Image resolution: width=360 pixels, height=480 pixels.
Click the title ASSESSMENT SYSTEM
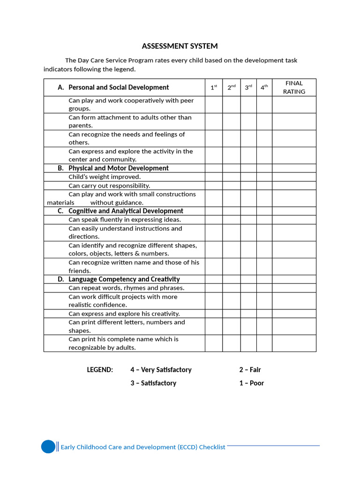tap(180, 46)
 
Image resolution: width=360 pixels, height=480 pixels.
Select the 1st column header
tap(214, 87)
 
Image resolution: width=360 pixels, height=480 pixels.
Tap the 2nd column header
tap(232, 87)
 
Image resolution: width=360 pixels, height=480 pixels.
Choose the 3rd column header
tap(248, 87)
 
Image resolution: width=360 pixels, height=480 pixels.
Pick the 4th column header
tap(264, 87)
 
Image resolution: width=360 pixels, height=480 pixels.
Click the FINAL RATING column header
tap(294, 87)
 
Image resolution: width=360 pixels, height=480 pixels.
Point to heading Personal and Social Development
tap(119, 87)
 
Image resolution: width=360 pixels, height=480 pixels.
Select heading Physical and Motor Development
tap(118, 168)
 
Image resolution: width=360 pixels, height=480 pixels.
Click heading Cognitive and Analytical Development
tap(126, 211)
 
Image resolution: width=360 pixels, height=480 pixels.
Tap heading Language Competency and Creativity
tap(124, 279)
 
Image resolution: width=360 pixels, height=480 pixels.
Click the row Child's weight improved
tap(105, 177)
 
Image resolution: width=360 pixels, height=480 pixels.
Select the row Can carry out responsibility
tap(109, 186)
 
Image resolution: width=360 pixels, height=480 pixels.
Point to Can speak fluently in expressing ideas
tap(125, 220)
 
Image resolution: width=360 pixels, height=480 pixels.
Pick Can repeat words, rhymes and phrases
tap(127, 288)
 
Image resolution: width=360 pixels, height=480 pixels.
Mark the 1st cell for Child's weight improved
tap(214, 177)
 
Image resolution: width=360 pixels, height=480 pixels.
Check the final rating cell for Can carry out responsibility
tap(294, 186)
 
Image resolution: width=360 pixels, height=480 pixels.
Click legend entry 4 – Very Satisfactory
tap(161, 370)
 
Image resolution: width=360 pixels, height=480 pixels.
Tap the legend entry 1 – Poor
tap(251, 383)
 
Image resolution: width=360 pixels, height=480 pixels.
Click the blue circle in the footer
tap(48, 447)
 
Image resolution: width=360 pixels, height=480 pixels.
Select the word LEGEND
tap(100, 370)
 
